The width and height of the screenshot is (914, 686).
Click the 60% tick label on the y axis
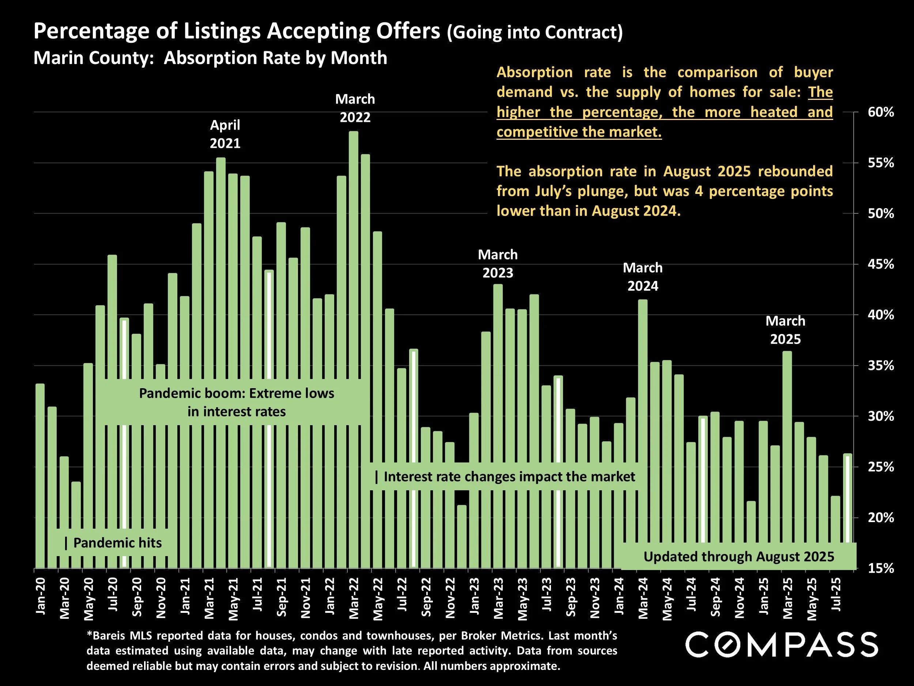(880, 112)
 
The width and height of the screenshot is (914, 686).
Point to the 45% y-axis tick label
(880, 264)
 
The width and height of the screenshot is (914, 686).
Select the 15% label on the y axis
(880, 569)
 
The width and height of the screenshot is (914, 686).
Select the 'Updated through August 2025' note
(739, 556)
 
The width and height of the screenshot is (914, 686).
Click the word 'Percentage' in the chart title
(91, 31)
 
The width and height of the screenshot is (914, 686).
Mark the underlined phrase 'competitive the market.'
(579, 132)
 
